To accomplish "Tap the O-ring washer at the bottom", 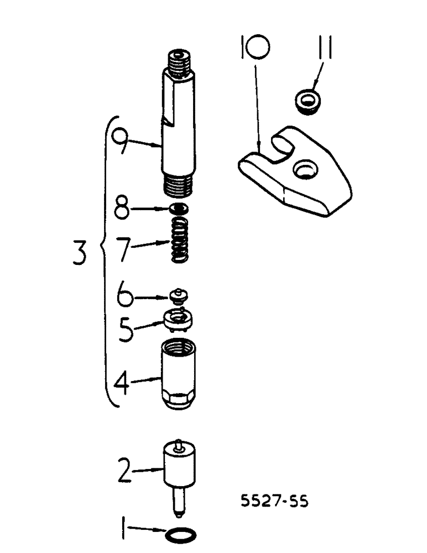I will point(179,535).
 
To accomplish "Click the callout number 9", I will point(123,143).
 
